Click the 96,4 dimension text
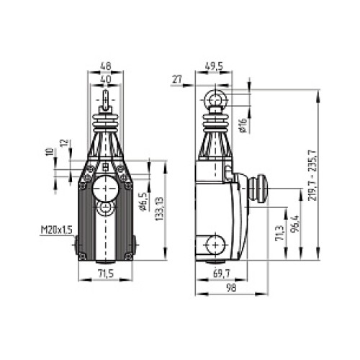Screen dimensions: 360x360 [x=293, y=228]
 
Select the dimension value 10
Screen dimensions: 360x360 [x=49, y=153]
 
